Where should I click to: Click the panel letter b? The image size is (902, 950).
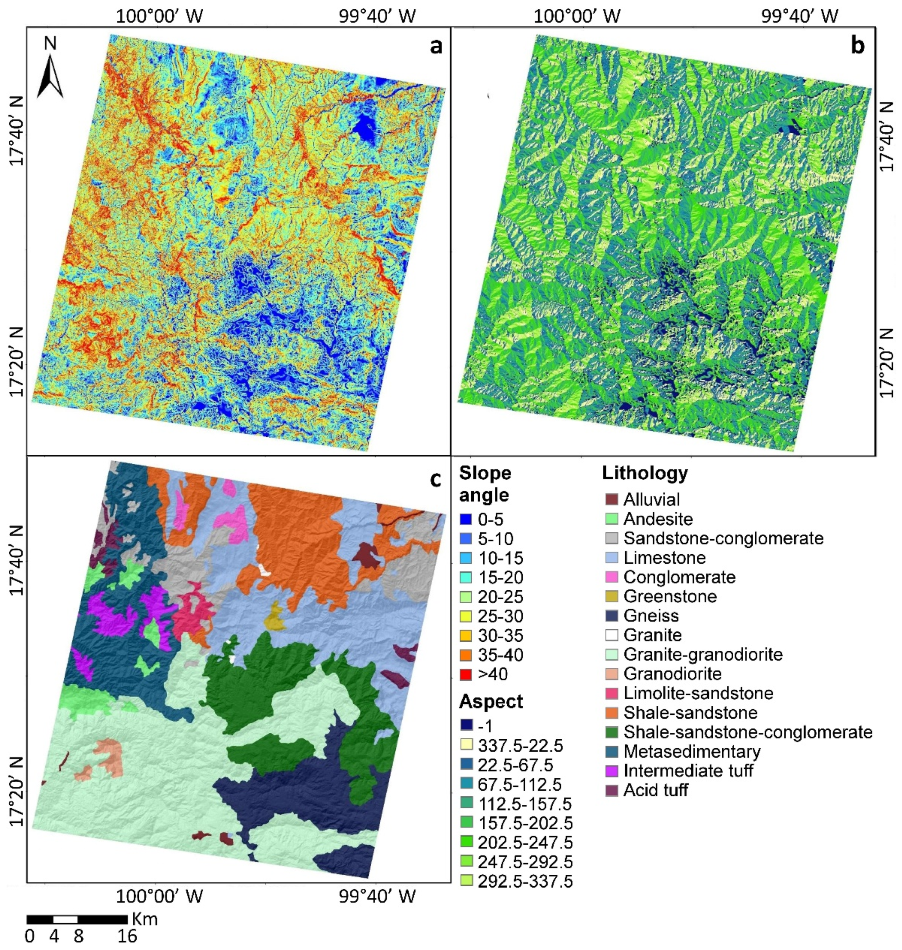[x=857, y=46]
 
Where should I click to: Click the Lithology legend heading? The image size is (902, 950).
[x=645, y=473]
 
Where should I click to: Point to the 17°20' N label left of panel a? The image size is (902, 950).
[x=17, y=362]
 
